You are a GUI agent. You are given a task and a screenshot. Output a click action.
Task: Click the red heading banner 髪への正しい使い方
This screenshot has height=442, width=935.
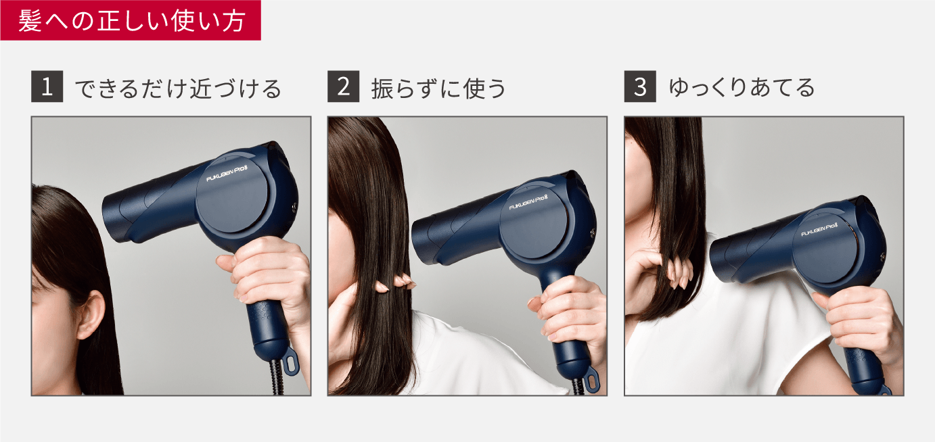(131, 20)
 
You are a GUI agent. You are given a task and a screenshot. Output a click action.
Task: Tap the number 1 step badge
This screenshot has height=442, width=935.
(47, 88)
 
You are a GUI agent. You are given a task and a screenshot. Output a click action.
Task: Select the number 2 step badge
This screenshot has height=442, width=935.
(343, 88)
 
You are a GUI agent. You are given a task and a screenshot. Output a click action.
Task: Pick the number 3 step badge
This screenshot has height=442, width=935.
(640, 88)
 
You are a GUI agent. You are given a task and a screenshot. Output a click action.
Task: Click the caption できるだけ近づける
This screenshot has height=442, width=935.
(177, 89)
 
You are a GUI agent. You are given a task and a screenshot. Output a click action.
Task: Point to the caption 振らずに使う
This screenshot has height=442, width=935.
(438, 89)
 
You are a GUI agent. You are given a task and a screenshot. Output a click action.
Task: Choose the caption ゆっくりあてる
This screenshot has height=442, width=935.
(742, 89)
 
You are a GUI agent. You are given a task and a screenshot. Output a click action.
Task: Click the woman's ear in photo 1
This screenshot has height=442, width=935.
(91, 315)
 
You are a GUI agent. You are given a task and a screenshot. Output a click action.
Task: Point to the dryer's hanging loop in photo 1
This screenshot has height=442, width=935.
(290, 363)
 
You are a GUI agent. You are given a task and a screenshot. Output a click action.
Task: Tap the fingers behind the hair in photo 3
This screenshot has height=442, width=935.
(677, 270)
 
